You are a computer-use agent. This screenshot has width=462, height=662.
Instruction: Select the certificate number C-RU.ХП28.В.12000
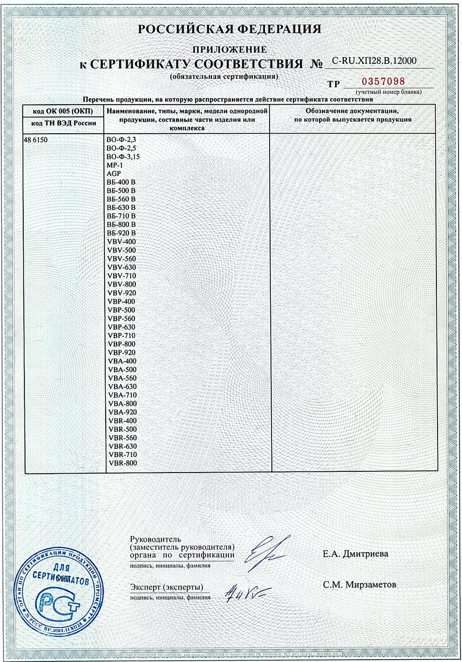click(x=374, y=60)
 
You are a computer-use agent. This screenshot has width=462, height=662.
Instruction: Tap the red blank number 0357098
click(x=382, y=81)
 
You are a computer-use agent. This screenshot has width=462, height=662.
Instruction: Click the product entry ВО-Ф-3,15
click(x=124, y=157)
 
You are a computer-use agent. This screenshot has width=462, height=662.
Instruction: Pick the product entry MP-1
click(x=115, y=165)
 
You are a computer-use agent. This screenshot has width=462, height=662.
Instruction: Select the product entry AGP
click(x=114, y=174)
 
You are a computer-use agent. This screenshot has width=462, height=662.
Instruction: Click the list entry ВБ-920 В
click(x=121, y=233)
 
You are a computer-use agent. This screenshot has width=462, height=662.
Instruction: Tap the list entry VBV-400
click(x=122, y=242)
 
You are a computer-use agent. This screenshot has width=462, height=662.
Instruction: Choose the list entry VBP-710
click(x=122, y=336)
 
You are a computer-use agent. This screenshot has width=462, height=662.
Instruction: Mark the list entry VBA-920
click(x=122, y=412)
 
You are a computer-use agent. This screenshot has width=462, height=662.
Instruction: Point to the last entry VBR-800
click(x=122, y=463)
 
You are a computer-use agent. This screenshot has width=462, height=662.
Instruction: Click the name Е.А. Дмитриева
click(x=355, y=554)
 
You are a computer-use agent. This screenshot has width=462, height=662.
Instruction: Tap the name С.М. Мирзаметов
click(x=360, y=585)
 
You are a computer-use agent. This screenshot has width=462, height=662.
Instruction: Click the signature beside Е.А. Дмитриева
click(x=263, y=552)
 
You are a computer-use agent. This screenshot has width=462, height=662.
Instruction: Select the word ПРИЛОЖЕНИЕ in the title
click(x=230, y=49)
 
